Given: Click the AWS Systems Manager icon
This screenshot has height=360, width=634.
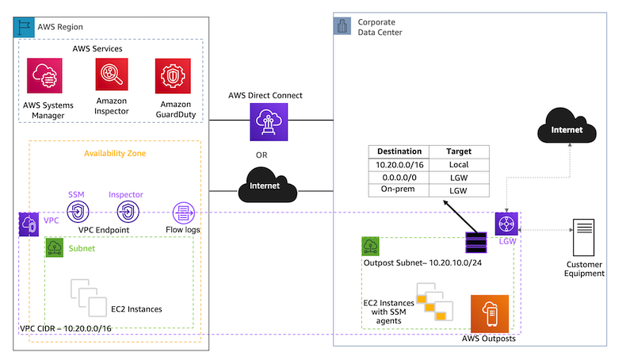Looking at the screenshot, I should (45, 77).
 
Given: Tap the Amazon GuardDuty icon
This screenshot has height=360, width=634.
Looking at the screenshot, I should (174, 77).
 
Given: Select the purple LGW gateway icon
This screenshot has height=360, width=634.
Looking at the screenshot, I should (506, 223).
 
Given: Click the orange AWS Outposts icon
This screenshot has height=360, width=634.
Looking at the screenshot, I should (490, 314).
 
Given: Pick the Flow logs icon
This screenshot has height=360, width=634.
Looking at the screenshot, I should (185, 213).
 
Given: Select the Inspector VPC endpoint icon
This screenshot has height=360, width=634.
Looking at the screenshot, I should (126, 213).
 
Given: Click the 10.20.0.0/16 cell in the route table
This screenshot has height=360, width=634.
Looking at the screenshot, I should (399, 166).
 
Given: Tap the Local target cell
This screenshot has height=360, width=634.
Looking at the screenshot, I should (459, 166).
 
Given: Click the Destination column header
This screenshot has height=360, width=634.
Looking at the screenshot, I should (399, 151).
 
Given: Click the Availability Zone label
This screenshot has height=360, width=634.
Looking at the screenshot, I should (115, 153).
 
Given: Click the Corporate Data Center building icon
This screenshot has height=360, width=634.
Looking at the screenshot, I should (342, 27).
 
